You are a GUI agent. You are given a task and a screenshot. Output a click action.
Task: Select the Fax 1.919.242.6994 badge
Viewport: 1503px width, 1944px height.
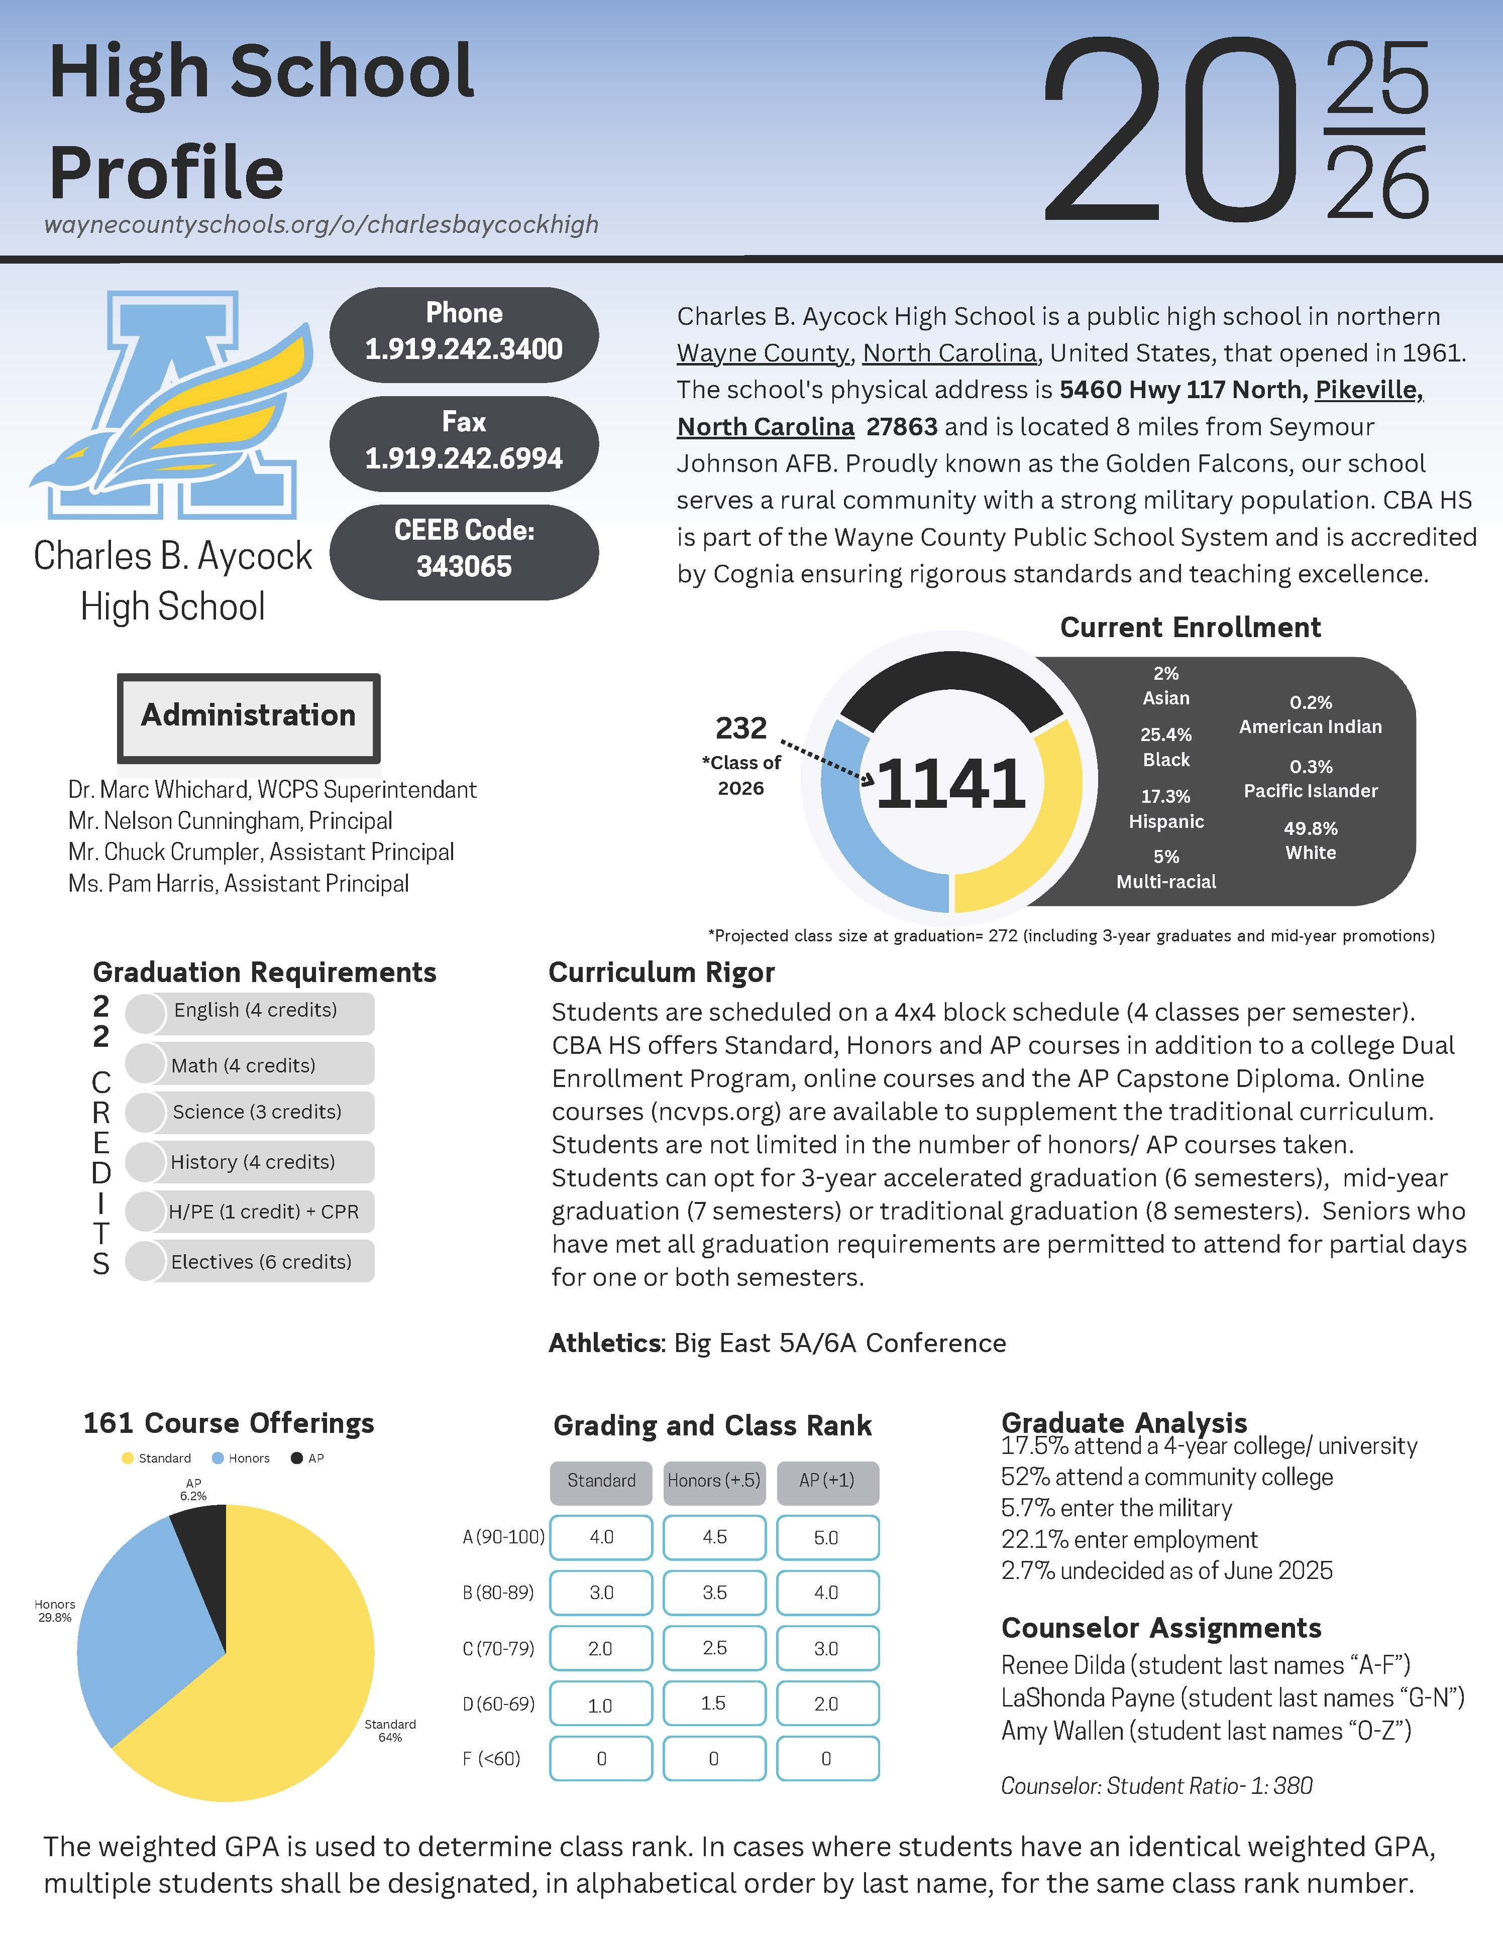pos(464,441)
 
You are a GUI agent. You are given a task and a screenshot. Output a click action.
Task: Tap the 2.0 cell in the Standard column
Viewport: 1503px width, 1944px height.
pos(600,1648)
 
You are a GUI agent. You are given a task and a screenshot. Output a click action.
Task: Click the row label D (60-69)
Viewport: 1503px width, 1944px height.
pos(499,1704)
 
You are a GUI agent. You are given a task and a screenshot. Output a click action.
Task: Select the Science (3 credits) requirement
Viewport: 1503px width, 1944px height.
pos(256,1112)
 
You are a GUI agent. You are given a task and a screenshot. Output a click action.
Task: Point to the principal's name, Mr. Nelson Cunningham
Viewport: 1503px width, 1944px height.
pos(230,821)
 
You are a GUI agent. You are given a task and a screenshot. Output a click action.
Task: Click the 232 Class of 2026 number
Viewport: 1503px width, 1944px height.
pos(741,728)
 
